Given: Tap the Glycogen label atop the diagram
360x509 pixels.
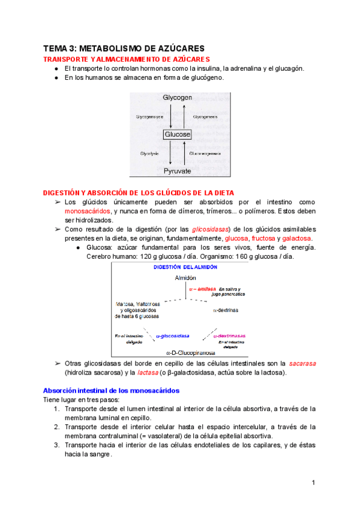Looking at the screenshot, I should click(x=178, y=97).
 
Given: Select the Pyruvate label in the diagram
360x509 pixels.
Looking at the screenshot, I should click(x=178, y=171).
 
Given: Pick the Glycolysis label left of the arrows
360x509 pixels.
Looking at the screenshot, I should click(x=149, y=154).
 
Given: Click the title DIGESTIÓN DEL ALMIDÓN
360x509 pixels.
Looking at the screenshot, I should click(x=185, y=267).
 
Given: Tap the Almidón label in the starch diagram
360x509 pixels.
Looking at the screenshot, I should click(x=185, y=278).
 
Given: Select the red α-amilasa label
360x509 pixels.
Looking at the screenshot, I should click(x=202, y=289).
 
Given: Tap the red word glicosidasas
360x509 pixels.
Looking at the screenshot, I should click(x=211, y=229).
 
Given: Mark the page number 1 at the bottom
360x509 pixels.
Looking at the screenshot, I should click(x=313, y=483).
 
